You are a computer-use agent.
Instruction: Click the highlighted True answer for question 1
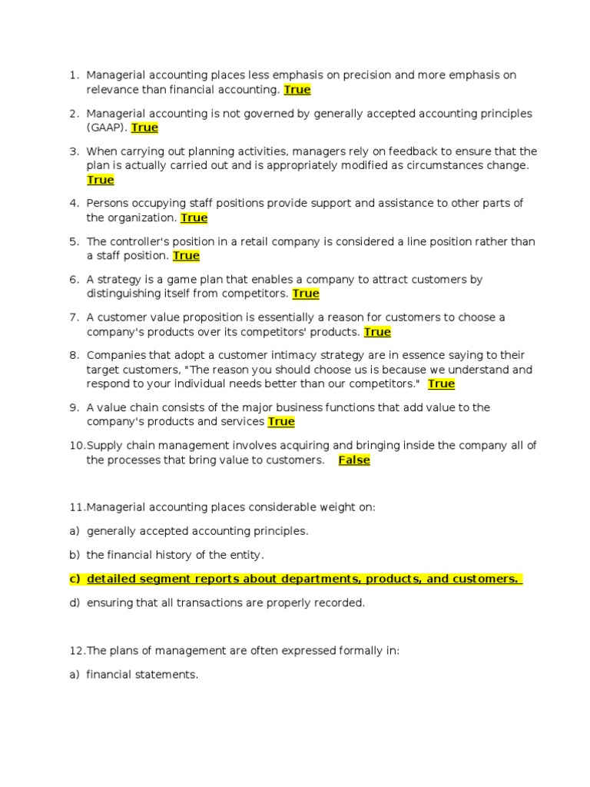[297, 90]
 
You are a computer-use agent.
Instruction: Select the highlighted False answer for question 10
[354, 460]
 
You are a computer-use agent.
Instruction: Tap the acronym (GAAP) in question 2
[107, 128]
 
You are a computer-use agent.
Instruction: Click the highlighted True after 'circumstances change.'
[101, 180]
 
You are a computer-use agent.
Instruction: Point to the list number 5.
[74, 241]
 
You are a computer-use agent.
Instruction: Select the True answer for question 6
[306, 294]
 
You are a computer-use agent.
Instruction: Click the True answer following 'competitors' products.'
[377, 332]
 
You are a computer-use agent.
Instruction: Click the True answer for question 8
[441, 384]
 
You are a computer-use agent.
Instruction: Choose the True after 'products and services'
[281, 422]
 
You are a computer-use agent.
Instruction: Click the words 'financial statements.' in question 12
[142, 675]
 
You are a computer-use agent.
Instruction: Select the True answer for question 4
[194, 218]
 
